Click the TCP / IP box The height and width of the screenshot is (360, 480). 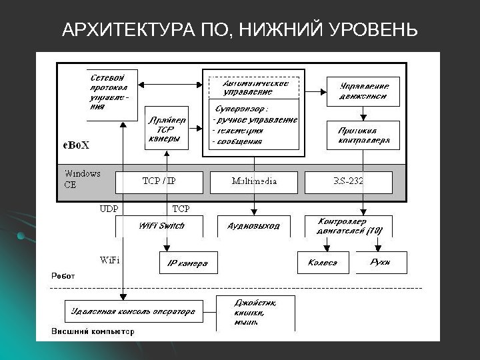[x=159, y=181]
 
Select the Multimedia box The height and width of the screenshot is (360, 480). [x=253, y=181]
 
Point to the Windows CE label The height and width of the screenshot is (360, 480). [x=82, y=179]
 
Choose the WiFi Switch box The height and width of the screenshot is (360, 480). [x=161, y=226]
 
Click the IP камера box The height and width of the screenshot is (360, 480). [x=187, y=263]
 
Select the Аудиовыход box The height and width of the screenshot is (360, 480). [x=253, y=227]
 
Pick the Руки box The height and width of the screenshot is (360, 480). [x=379, y=262]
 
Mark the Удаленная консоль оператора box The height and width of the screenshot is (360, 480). [x=133, y=311]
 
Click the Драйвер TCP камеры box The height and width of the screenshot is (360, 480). [x=166, y=129]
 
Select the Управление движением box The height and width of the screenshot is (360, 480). [x=363, y=90]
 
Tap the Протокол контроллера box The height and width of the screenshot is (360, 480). [x=363, y=135]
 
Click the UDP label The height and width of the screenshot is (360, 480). [x=109, y=209]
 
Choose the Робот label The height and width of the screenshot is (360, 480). [x=64, y=275]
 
